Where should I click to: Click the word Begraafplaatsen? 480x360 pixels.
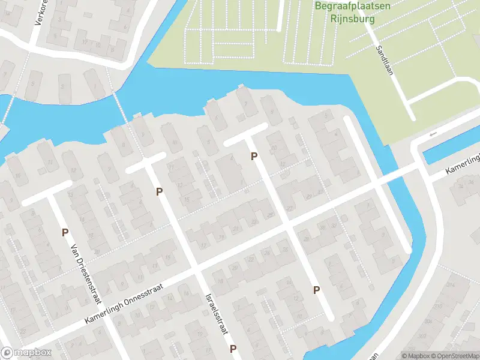(x=353, y=7)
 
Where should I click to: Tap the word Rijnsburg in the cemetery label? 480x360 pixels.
(x=353, y=19)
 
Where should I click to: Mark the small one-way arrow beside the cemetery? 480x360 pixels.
(x=433, y=133)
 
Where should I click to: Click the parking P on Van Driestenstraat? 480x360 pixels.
(x=64, y=232)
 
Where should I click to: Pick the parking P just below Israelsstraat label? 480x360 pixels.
(x=232, y=349)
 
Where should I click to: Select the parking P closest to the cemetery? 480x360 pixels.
(x=254, y=156)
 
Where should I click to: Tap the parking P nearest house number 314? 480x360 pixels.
(x=316, y=290)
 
